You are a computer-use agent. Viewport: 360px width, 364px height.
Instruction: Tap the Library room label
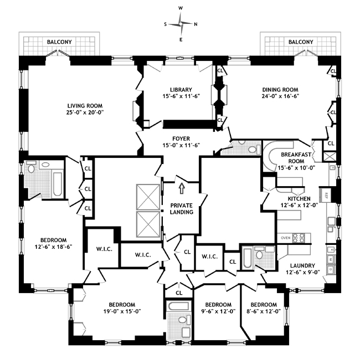click(x=181, y=93)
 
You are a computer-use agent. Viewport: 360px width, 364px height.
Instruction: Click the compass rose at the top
click(x=181, y=24)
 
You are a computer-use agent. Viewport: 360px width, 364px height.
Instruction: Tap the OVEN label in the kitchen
click(x=286, y=238)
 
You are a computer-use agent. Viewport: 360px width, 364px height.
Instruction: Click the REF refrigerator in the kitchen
click(x=326, y=194)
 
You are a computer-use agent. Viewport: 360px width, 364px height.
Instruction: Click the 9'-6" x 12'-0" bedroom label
click(x=218, y=308)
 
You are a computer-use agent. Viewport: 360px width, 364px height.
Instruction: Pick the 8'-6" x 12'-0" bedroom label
click(x=263, y=308)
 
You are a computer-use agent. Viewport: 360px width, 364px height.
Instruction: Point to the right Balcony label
click(x=301, y=42)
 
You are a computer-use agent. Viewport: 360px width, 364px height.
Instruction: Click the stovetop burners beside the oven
click(x=299, y=238)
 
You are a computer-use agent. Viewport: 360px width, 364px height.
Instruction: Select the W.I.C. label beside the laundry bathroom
click(x=209, y=256)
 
